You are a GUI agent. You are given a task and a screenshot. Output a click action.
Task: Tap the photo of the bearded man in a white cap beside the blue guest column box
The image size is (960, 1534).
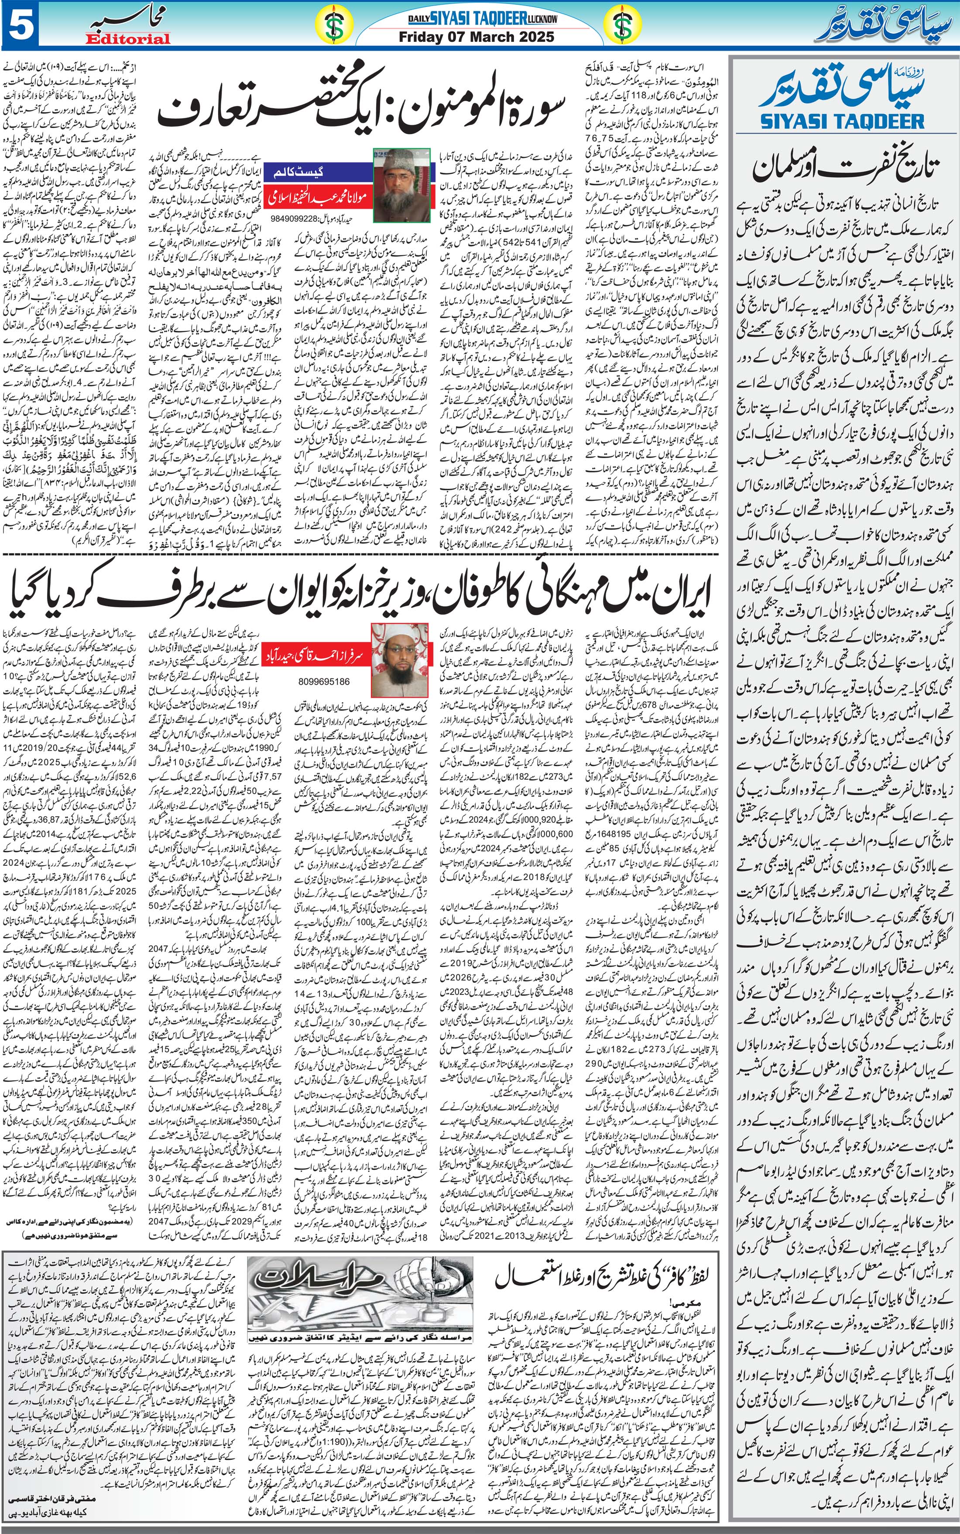coord(401,186)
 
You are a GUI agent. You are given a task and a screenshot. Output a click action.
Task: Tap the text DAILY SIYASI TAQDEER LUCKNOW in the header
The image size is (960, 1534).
coord(483,20)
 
